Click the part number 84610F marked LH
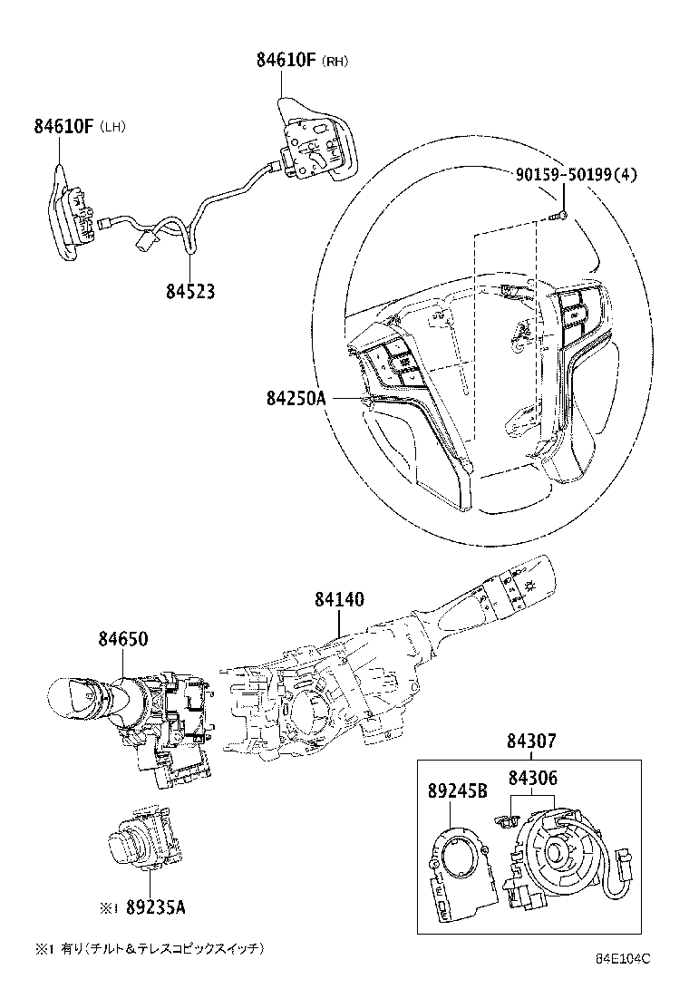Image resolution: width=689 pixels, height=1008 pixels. pos(64,126)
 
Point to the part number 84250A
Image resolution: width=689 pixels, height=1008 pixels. pos(296,397)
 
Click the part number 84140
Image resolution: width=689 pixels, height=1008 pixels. pos(339,599)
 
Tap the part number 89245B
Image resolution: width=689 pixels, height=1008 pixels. pos(457,790)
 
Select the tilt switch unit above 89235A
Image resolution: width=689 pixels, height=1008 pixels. pos(143,835)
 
